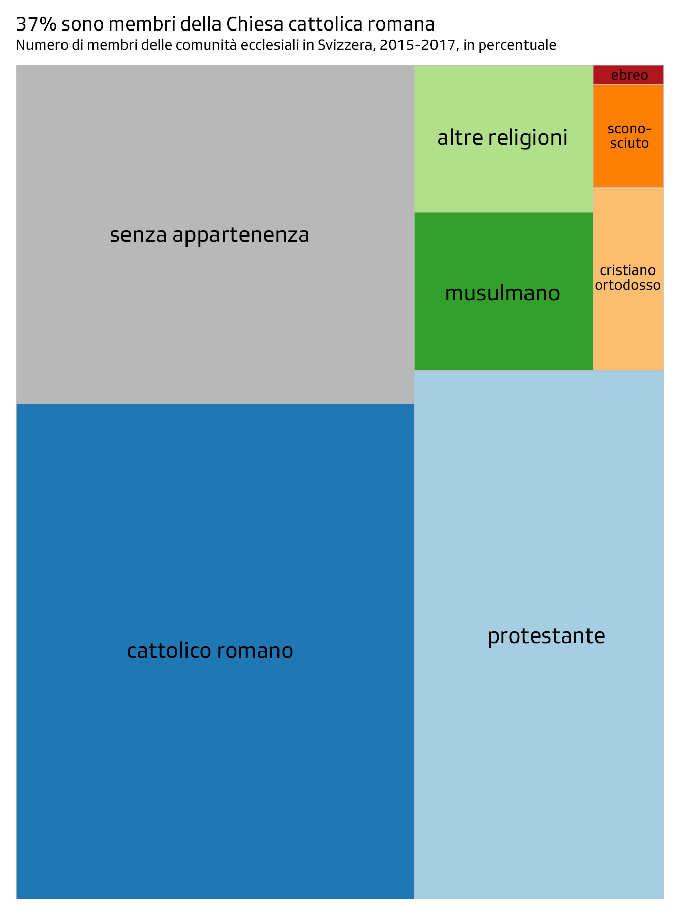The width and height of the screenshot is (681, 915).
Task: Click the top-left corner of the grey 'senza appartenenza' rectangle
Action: [x=17, y=66]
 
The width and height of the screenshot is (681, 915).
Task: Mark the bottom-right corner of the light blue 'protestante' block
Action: [x=663, y=898]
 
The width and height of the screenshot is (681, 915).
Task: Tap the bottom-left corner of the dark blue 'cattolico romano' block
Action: [x=17, y=898]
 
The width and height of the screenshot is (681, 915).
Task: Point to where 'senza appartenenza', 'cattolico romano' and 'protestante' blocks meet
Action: [x=414, y=404]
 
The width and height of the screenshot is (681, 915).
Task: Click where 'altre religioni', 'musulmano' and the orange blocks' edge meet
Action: [x=593, y=212]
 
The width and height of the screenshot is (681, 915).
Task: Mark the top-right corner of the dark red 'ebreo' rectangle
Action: [x=663, y=66]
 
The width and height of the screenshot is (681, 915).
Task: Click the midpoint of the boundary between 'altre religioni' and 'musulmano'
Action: [x=504, y=212]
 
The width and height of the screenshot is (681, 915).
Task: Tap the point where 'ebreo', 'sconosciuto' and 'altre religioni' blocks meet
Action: [x=593, y=84]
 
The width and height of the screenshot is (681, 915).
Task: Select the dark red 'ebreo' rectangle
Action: [x=628, y=75]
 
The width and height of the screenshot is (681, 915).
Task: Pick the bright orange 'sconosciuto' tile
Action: [x=628, y=136]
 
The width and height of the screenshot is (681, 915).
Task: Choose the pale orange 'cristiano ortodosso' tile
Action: [x=628, y=279]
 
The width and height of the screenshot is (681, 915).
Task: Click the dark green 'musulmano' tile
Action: [x=504, y=291]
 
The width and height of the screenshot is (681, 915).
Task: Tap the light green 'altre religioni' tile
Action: [x=504, y=139]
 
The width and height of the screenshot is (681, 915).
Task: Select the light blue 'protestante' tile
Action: [x=539, y=634]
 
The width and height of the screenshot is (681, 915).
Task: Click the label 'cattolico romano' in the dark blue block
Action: [x=210, y=651]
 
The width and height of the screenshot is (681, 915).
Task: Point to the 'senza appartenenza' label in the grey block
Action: [x=210, y=235]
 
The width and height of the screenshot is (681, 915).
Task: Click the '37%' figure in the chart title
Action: [x=35, y=24]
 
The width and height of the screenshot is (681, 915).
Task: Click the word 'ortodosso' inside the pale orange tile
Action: [x=628, y=285]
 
